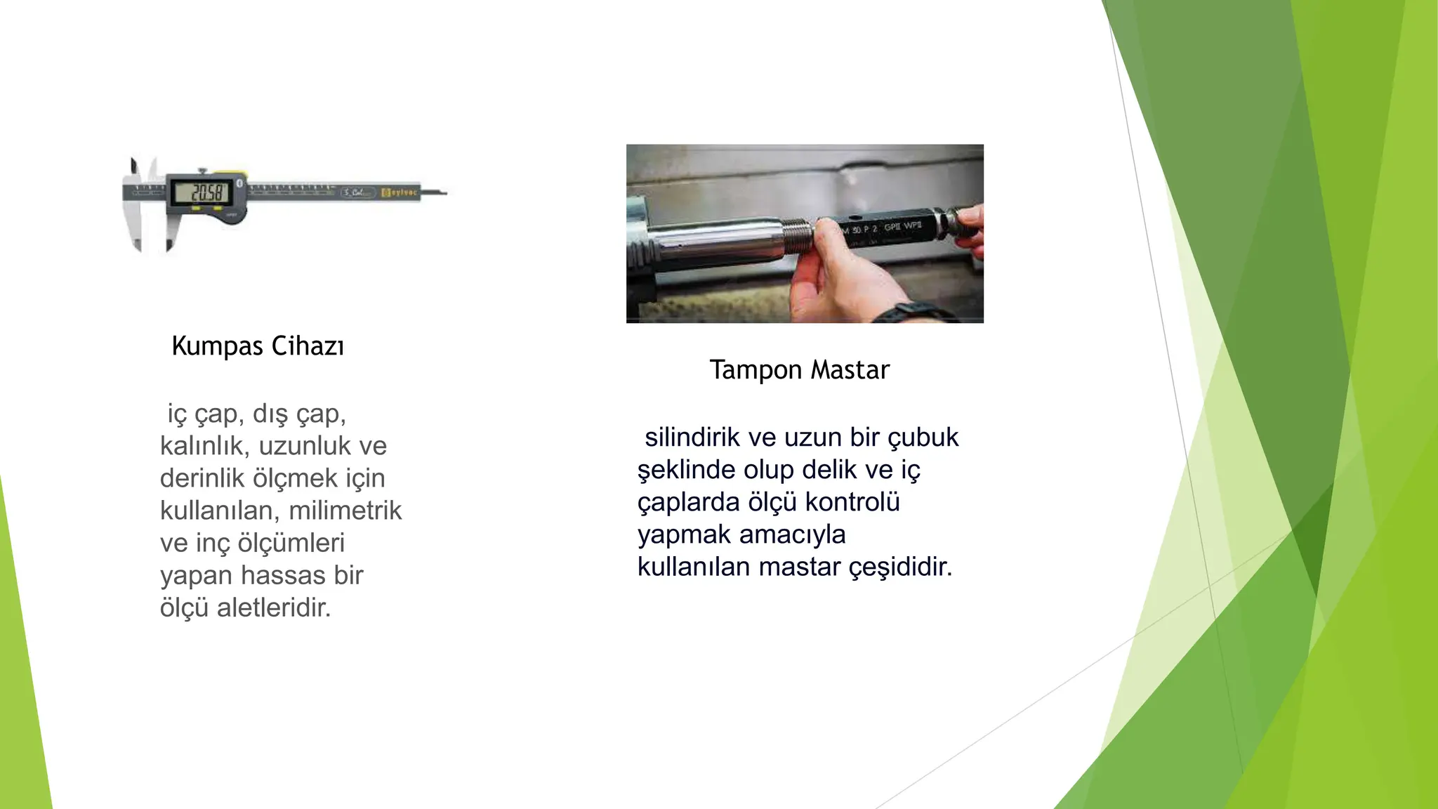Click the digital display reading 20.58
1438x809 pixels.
pos(200,192)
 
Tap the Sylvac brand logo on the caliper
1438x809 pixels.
pos(400,192)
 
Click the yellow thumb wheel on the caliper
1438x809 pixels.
pos(231,174)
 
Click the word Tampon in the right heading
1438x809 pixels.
pos(756,370)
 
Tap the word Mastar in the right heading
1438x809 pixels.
pos(850,370)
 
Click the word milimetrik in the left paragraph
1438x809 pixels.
pos(345,511)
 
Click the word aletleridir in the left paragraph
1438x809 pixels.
pos(273,607)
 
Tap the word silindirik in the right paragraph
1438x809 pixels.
pos(692,438)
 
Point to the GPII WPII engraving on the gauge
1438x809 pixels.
pos(902,227)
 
